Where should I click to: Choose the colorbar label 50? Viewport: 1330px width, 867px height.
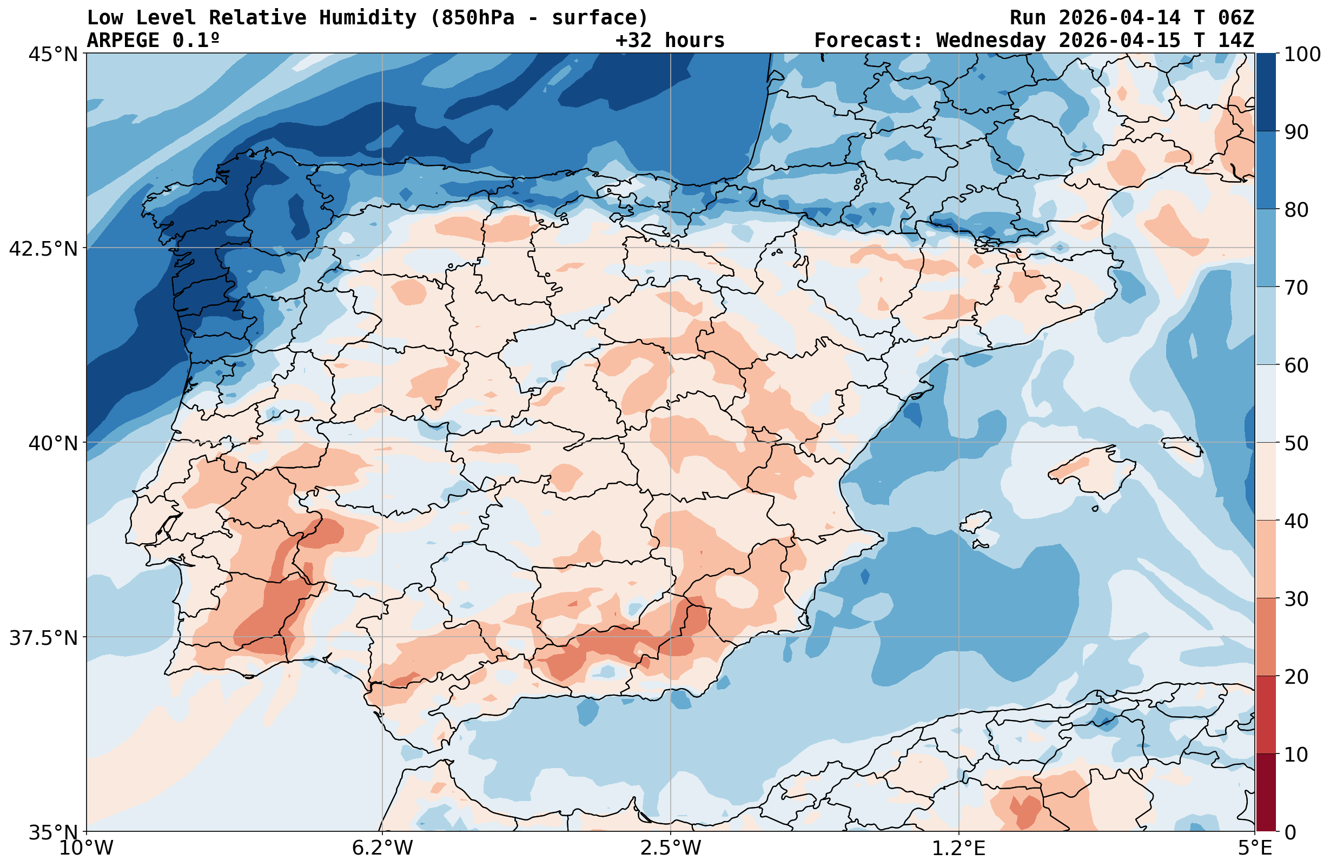tap(1296, 444)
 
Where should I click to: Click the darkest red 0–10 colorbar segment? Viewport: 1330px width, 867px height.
tap(1266, 793)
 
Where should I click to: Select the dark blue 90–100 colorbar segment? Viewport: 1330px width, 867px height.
tap(1266, 92)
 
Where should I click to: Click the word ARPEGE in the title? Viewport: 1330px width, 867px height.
tap(123, 40)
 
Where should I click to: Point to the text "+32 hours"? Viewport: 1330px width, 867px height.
tap(670, 40)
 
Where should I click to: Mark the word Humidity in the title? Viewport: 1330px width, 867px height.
tap(368, 18)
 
